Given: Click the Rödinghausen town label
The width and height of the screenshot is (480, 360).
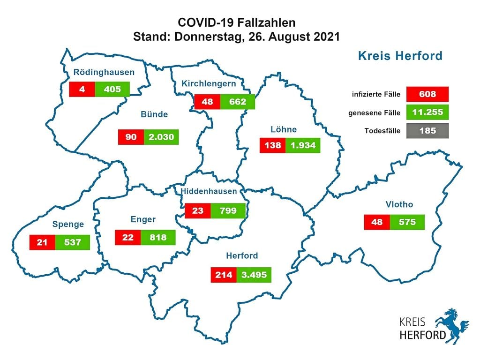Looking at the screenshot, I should pos(104,73).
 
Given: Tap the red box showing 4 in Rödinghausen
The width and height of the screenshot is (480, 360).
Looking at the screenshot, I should pos(82,89).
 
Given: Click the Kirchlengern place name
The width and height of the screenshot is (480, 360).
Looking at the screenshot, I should pos(209,84).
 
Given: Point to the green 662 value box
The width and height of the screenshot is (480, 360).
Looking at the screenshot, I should pos(238,102).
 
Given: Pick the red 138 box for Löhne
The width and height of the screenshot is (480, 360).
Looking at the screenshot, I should pos(273,145).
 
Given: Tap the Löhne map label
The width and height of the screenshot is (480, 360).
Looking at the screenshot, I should pos(284,129).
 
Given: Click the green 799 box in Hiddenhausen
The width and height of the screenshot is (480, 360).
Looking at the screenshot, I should pos(228,210).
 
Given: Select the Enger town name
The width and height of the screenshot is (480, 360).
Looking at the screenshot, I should pos(143,219).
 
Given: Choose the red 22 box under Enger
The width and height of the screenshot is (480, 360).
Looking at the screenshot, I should pos(127,237).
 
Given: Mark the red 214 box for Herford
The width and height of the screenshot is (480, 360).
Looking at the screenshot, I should pos(224,275).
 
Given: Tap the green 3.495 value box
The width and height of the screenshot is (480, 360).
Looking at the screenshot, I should pos(254,275).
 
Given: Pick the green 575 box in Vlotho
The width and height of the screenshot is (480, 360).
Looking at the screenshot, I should pos(407,222).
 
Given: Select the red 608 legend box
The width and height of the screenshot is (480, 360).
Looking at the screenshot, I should pos(427,94).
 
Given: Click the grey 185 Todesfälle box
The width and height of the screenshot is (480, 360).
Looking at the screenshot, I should pos(427,131).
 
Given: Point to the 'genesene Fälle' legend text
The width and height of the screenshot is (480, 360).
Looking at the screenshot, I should pos(374,112).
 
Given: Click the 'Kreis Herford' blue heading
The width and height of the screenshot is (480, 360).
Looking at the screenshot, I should pos(400,56).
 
